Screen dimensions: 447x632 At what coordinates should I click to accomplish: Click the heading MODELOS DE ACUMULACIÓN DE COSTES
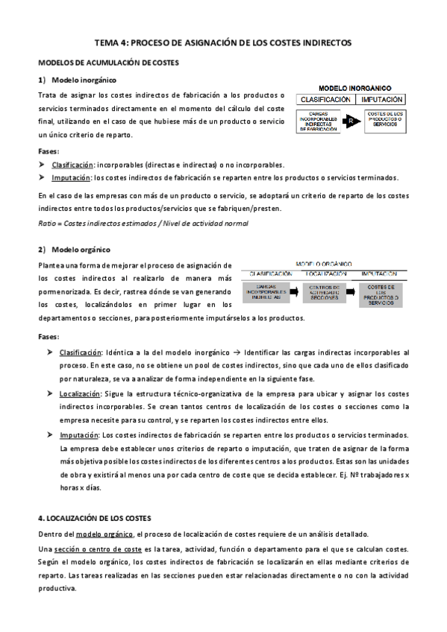(x=108, y=63)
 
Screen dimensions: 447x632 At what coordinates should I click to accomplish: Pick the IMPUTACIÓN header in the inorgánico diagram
(x=381, y=99)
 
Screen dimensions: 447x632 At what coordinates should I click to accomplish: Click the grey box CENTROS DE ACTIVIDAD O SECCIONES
(x=326, y=291)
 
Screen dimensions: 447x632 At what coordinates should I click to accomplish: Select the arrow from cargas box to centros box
(x=296, y=291)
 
